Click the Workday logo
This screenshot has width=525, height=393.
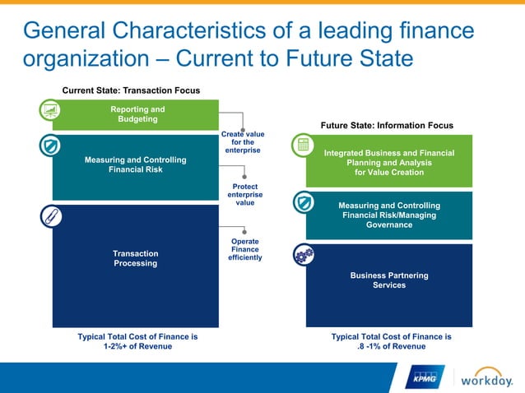coord(486,378)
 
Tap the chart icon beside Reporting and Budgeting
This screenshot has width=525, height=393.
coord(51,110)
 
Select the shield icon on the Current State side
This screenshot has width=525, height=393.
coord(51,146)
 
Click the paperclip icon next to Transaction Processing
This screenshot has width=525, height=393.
coord(51,216)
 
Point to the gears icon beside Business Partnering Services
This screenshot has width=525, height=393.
coord(304,255)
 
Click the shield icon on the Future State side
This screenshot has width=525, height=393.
coord(304,201)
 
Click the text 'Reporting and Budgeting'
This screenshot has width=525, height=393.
coord(137,114)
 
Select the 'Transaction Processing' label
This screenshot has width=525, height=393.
coord(136,258)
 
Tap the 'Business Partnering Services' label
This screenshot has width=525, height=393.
coord(389,280)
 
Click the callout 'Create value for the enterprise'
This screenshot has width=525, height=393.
coord(243,141)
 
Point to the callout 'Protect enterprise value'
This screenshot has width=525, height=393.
coord(245,194)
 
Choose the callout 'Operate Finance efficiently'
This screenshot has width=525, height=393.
coord(245,249)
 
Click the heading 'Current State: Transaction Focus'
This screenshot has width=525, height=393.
coord(132,90)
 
